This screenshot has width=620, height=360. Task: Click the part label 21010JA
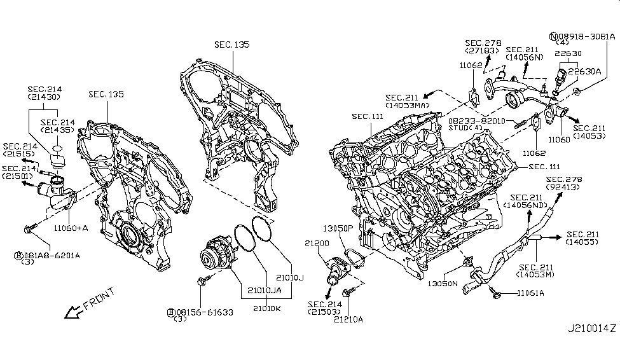(x=265, y=289)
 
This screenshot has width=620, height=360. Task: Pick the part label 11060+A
(x=71, y=226)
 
